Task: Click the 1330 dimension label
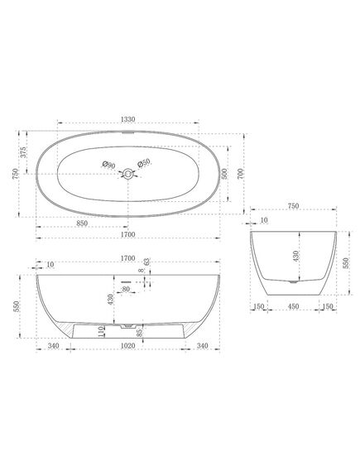pos(128,119)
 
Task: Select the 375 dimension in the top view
pos(23,152)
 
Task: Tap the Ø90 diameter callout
pos(108,165)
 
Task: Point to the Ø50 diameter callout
pos(144,163)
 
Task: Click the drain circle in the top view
pos(128,174)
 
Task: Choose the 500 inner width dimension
pos(224,174)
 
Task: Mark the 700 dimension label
pos(241,174)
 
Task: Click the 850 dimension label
pos(82,223)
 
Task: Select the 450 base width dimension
pos(293,306)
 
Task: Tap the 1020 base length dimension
pos(128,346)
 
